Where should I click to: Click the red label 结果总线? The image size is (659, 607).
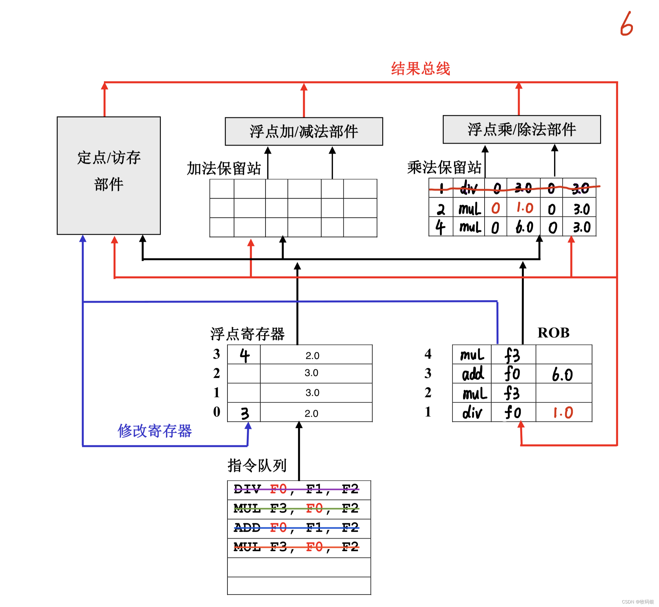coord(420,69)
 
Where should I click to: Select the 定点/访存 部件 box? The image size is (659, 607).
coord(108,175)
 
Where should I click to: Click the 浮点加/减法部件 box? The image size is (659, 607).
coord(303,131)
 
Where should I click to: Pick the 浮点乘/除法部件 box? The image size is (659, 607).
coord(522,129)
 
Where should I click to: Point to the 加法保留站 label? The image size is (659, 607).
coord(224,168)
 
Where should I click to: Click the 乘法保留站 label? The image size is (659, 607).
coord(444,167)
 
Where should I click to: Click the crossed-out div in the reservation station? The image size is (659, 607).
coord(468,188)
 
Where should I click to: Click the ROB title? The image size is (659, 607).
coord(553,333)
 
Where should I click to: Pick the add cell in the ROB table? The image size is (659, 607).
coord(473,374)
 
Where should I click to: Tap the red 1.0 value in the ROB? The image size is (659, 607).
coord(563,413)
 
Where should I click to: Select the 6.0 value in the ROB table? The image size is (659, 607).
coord(562,374)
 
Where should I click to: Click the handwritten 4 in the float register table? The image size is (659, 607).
coord(244,355)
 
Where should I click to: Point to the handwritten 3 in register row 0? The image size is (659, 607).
coord(245,413)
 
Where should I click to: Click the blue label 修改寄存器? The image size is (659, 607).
coord(154,431)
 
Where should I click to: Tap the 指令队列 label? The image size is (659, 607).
coord(257,465)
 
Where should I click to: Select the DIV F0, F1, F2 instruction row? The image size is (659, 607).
coord(299,490)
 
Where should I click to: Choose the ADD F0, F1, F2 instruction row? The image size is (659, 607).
coord(299,528)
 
